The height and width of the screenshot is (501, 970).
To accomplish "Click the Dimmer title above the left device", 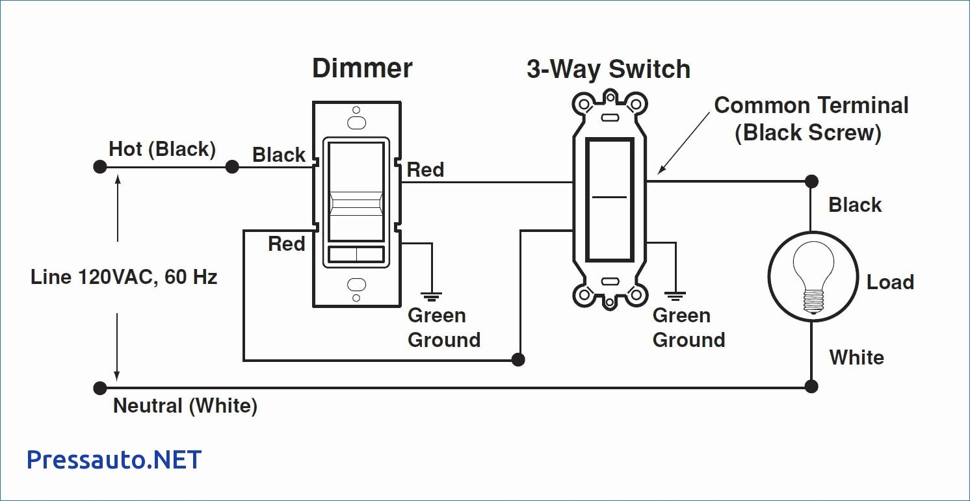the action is (x=362, y=68).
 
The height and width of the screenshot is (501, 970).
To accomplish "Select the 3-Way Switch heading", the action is (x=609, y=70).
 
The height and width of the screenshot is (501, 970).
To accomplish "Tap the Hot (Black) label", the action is (x=162, y=149).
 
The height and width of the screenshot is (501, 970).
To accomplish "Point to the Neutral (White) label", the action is (x=185, y=406).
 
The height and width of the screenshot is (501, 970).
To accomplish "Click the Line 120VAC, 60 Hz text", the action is (x=124, y=277).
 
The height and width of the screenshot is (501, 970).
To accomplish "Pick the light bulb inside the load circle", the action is (x=813, y=277).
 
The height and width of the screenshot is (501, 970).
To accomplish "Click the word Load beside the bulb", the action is (x=890, y=282).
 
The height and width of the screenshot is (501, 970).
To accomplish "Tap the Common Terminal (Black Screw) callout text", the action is (x=811, y=119).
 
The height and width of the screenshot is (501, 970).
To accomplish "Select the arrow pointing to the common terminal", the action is (x=683, y=143).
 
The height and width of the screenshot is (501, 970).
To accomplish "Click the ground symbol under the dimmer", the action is (x=431, y=296).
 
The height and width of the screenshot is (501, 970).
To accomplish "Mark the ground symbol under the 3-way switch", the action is (x=675, y=296).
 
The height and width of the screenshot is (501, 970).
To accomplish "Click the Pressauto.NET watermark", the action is (x=114, y=459).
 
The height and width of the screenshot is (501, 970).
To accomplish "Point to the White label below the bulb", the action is (x=856, y=357).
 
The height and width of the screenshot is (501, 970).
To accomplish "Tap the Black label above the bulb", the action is (x=855, y=205).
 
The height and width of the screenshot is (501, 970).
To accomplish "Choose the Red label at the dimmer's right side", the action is (x=425, y=170).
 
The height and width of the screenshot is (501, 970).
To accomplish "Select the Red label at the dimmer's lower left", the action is (x=286, y=244).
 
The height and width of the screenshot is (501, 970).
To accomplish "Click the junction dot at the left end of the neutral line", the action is (x=100, y=388).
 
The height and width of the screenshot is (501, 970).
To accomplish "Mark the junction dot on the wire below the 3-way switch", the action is (x=518, y=359).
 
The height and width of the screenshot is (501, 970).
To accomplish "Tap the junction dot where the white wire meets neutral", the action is (x=811, y=387).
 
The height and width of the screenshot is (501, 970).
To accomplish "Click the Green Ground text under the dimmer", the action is (x=444, y=328).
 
